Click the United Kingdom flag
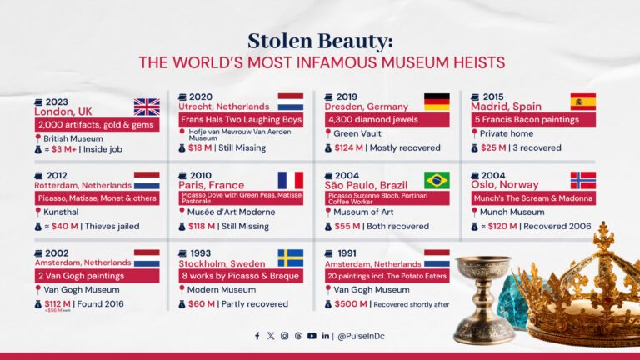point(147,107)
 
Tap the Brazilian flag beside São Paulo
point(437,180)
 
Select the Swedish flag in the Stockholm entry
point(291,257)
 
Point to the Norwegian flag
point(582,180)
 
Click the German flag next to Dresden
point(437,102)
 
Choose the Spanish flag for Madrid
point(582,102)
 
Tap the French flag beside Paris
point(291,180)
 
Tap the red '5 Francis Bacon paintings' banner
point(526,118)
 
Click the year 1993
point(201,252)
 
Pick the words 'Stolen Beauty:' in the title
point(319,42)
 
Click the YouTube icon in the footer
point(312,336)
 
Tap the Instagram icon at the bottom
point(284,336)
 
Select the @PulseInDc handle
point(362,336)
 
